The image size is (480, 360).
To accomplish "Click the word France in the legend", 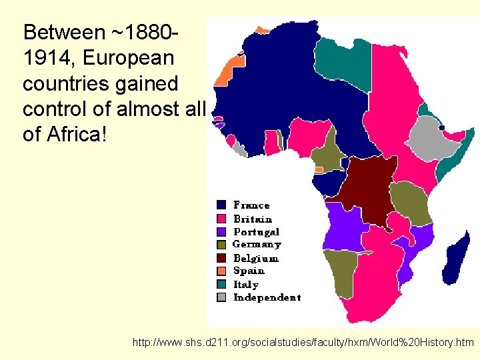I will coord(251,205).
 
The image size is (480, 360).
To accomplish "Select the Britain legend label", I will coord(253,219).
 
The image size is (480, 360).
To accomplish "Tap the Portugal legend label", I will coord(256,232).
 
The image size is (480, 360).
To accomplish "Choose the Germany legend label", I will coord(257,245).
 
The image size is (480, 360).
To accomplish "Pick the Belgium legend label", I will coord(256,258).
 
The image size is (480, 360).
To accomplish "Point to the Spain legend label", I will coord(249,271).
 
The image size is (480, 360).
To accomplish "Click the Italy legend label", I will coord(246,284).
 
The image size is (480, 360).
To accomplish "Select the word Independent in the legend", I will coord(267,297).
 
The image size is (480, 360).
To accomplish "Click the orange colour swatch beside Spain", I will coord(221,271).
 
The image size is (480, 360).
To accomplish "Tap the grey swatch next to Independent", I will coord(221,297).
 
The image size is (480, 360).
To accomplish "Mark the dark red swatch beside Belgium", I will coord(221,258).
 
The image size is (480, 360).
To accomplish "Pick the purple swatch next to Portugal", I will coord(221,232).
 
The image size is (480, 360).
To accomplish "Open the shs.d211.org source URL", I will coord(303,343).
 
